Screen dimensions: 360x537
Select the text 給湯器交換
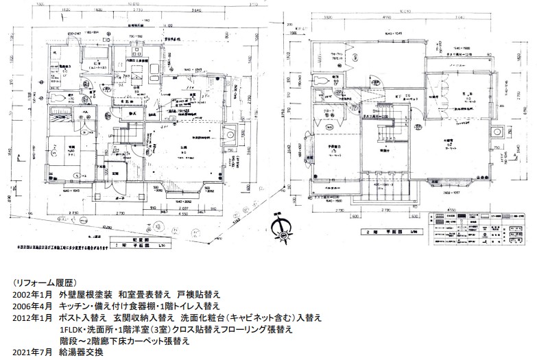pyautogui.click(x=84, y=352)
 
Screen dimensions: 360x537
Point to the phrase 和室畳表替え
pyautogui.click(x=139, y=294)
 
